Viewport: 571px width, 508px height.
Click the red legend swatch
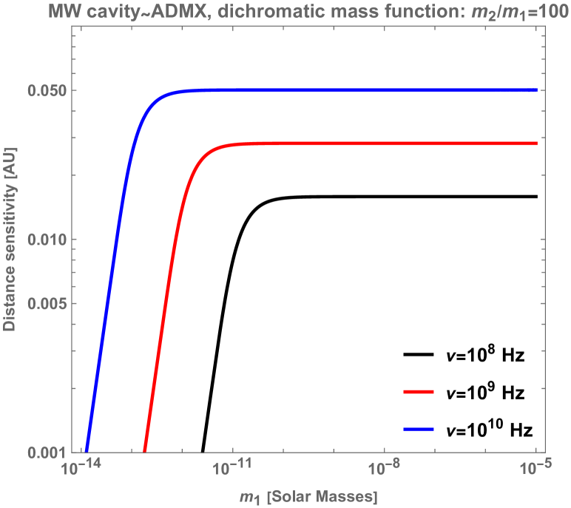point(419,392)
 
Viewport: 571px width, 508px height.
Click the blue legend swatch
point(419,429)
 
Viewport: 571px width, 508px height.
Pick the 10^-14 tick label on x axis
point(81,469)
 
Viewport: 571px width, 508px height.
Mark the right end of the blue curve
point(536,90)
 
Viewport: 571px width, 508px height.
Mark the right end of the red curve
point(536,143)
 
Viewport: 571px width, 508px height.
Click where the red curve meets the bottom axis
point(145,451)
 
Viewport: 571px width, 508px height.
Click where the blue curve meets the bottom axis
point(87,451)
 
